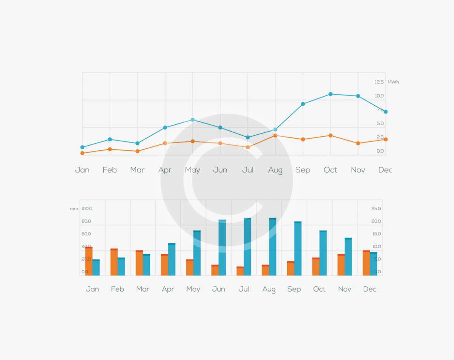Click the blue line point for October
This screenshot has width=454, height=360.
click(x=331, y=94)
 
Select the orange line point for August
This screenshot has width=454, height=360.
click(x=276, y=136)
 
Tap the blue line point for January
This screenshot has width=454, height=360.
click(x=82, y=147)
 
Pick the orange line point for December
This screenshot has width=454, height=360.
click(x=386, y=139)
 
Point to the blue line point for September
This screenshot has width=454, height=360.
click(x=303, y=104)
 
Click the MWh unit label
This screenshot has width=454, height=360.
click(x=393, y=82)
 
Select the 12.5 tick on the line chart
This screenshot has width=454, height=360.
click(x=379, y=82)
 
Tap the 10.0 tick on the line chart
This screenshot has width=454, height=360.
click(x=379, y=96)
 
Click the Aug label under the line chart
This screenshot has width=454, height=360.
click(x=276, y=170)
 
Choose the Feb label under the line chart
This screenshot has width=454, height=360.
click(x=110, y=170)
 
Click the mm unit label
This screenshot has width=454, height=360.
click(x=74, y=209)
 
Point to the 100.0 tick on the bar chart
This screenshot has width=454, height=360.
click(x=87, y=209)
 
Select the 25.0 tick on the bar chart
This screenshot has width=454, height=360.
click(x=376, y=209)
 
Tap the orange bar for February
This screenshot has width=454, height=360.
click(x=114, y=262)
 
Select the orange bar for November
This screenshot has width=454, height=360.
click(x=341, y=265)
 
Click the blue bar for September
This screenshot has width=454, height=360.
click(x=298, y=249)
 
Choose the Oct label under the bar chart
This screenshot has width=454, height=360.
click(x=319, y=289)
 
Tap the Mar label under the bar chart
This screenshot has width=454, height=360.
click(x=143, y=289)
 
